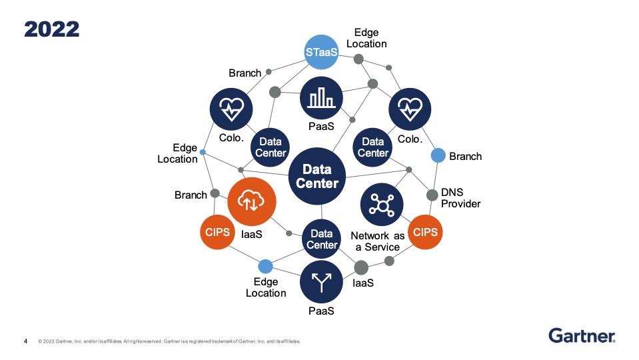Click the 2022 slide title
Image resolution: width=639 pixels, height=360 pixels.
tap(52, 29)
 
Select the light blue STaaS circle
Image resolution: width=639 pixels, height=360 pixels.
tap(320, 52)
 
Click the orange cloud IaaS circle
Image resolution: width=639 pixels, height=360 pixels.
tap(252, 202)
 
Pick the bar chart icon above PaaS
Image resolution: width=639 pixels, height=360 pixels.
tap(321, 97)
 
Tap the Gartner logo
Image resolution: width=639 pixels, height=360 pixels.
tap(582, 335)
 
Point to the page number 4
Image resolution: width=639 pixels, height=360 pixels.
tap(26, 341)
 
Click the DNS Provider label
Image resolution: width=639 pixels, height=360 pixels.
tap(460, 198)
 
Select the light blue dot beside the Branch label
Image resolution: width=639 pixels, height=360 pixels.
tap(438, 155)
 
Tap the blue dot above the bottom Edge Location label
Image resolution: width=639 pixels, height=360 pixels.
tap(265, 267)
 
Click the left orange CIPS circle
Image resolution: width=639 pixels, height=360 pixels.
tap(217, 233)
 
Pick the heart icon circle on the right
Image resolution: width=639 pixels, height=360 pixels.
tap(410, 108)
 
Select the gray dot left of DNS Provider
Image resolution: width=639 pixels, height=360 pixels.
tap(432, 195)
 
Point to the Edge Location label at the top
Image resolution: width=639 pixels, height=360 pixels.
tap(370, 38)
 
